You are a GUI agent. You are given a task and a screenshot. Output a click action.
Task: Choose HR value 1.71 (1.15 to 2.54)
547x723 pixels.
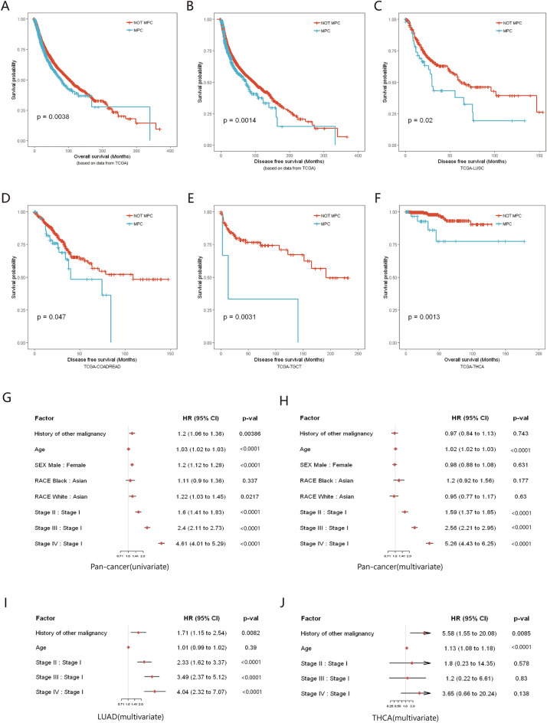198,633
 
